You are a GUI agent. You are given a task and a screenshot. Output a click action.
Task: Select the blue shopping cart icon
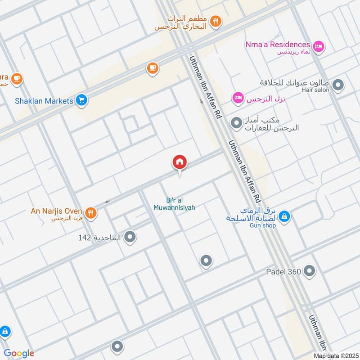click(81, 100)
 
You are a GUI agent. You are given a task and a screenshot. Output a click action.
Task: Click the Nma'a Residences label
click(278, 45)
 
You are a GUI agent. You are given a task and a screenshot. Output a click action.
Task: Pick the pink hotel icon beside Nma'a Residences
click(319, 46)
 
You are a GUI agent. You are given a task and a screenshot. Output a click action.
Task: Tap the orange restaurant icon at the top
click(216, 21)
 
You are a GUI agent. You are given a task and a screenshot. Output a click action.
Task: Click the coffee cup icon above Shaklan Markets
click(153, 68)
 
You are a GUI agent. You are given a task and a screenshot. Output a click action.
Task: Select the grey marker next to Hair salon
click(338, 85)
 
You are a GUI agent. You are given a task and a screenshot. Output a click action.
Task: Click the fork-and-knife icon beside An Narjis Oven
click(91, 213)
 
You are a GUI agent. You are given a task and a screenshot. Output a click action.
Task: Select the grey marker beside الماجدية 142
click(130, 236)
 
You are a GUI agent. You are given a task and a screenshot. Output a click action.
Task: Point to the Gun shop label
click(262, 225)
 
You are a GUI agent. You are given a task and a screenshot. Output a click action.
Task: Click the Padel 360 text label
click(284, 271)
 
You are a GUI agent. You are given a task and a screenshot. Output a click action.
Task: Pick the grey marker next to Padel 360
click(309, 271)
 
